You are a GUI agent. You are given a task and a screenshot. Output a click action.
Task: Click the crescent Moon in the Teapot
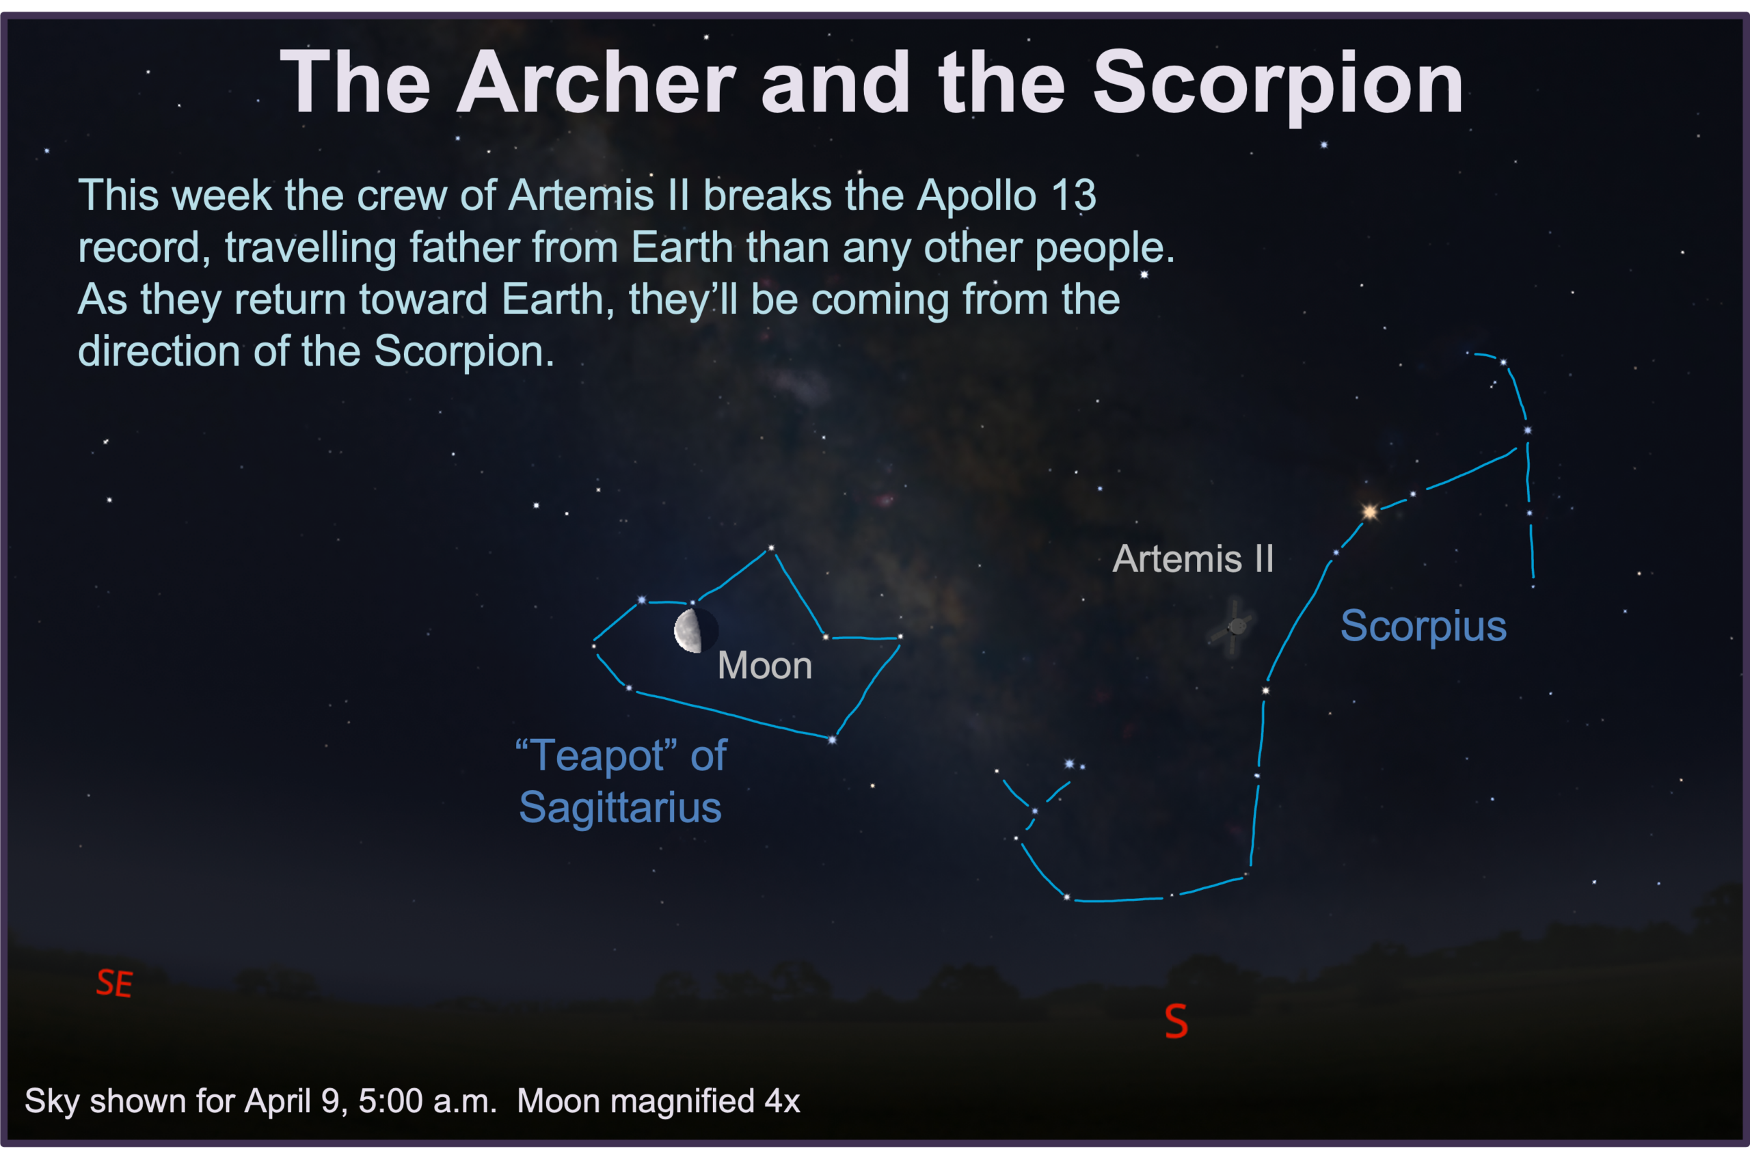[x=689, y=631]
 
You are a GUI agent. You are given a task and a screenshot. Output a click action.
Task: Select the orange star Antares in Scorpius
[x=1369, y=512]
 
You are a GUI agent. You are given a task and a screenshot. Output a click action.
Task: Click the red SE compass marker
[x=115, y=983]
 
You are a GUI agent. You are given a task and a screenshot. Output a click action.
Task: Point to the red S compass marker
[x=1176, y=1021]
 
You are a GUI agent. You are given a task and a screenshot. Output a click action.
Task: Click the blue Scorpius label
[x=1423, y=626]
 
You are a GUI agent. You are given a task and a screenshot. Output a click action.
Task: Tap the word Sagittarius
[x=621, y=808]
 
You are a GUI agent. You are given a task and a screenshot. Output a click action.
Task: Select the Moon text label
[x=765, y=665]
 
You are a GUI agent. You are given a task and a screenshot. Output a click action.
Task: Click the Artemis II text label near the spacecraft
[x=1193, y=558]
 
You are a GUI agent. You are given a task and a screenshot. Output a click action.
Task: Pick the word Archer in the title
[x=596, y=82]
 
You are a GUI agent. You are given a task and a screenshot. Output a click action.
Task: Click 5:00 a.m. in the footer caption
[x=427, y=1101]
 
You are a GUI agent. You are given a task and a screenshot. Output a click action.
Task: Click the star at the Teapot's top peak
[x=770, y=548]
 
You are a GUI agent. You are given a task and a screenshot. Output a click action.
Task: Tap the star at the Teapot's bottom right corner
[x=833, y=740]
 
